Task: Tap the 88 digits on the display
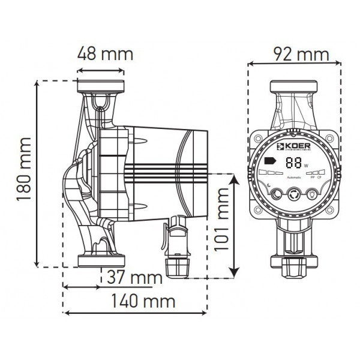pos(294,162)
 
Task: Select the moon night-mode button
pos(276,195)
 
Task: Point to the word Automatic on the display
pos(294,178)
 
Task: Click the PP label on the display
pos(310,178)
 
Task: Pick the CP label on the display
pos(319,178)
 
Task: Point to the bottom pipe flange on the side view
pos(100,260)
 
